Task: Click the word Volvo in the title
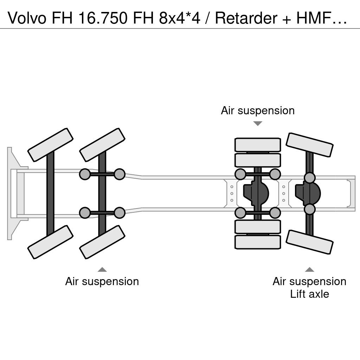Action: click(27, 18)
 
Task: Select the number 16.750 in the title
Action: click(103, 18)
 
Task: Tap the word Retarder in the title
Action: click(246, 18)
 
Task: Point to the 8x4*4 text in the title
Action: click(180, 18)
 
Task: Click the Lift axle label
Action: click(309, 294)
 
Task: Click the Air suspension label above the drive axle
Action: click(258, 111)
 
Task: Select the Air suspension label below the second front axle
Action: click(102, 282)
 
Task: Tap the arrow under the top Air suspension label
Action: click(258, 123)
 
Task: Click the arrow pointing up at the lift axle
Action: click(309, 269)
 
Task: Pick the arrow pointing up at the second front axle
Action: click(102, 269)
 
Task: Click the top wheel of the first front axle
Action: click(50, 145)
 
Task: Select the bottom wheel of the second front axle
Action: click(102, 242)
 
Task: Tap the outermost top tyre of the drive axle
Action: click(258, 144)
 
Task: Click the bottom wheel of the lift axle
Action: click(309, 242)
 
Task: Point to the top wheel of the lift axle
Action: click(309, 145)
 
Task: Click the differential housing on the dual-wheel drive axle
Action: click(256, 193)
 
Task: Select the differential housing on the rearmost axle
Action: click(308, 193)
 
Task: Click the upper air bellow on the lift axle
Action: click(309, 178)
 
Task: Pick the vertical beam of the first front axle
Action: click(50, 193)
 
